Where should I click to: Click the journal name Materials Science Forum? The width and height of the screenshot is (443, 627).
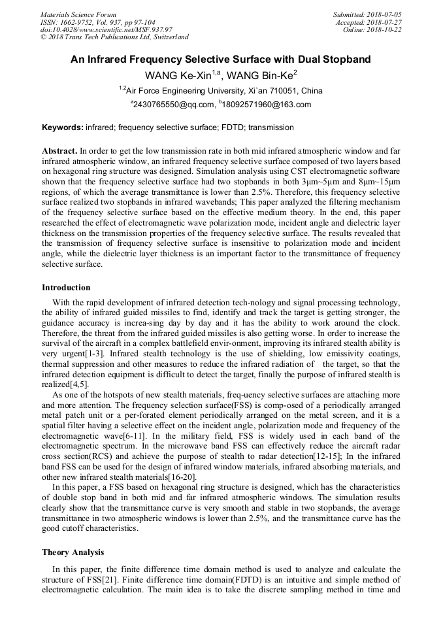78,14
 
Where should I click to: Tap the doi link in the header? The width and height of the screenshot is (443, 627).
107,29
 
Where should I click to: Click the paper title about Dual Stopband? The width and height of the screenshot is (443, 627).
221,59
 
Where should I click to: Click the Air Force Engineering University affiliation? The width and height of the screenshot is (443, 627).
222,90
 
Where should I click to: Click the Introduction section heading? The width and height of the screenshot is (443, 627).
66,288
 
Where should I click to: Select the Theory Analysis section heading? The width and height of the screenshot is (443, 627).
73,552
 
